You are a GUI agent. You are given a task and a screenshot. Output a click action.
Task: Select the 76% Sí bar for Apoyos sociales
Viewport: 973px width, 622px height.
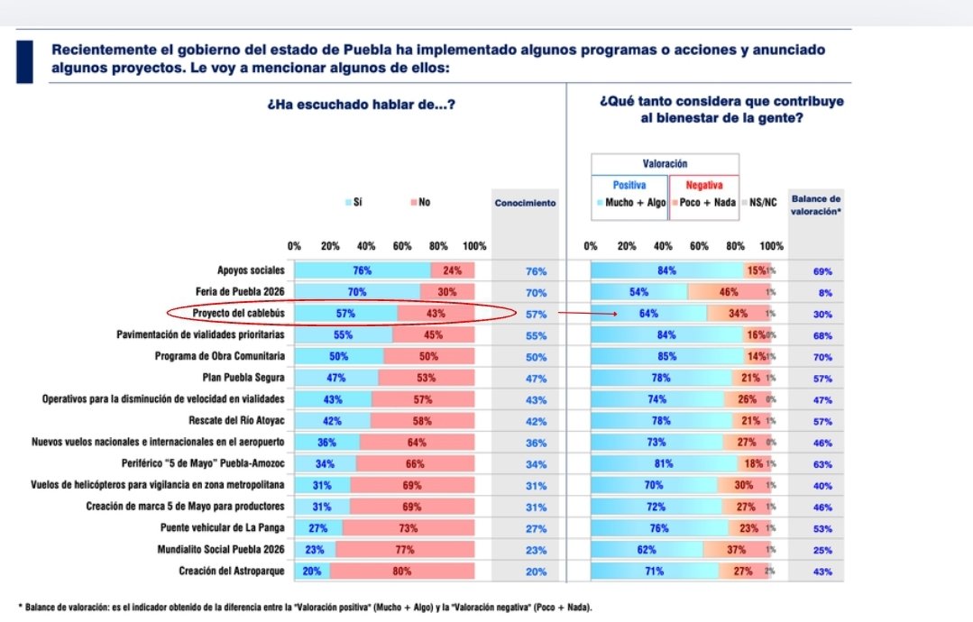[x=362, y=270]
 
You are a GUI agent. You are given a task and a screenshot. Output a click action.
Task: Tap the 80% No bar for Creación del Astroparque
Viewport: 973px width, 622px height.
[x=402, y=571]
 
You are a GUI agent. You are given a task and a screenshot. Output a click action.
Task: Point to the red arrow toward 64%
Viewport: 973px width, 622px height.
[x=585, y=314]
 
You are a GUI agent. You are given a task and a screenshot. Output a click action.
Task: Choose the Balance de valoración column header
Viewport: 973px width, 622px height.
[x=815, y=204]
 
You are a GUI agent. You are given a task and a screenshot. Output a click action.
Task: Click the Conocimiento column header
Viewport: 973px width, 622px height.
[x=526, y=204]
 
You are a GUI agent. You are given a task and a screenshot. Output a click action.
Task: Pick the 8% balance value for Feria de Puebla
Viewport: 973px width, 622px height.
[x=822, y=292]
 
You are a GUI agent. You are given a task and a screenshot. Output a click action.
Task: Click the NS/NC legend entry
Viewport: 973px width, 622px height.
[x=761, y=203]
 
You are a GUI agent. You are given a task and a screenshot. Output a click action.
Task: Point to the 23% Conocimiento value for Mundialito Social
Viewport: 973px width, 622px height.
[x=536, y=550]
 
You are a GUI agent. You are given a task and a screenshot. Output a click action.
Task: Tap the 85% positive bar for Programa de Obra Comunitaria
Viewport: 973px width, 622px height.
[x=663, y=356]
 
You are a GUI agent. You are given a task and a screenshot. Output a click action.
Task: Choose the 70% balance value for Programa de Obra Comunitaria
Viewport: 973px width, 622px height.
[x=822, y=356]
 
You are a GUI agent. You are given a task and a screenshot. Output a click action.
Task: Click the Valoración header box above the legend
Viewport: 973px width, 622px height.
[x=665, y=164]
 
